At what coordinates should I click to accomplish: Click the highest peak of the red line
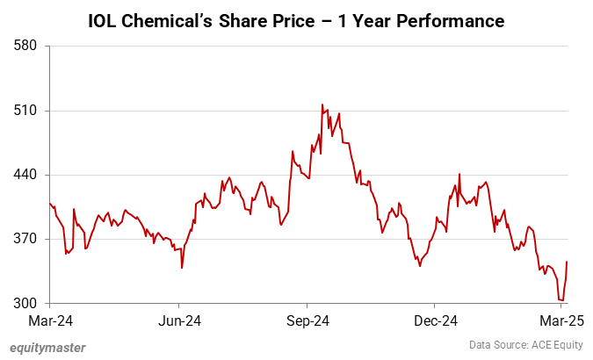click(x=322, y=104)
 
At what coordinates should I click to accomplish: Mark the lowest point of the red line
click(x=561, y=300)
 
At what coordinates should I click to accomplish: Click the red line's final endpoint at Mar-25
click(x=568, y=262)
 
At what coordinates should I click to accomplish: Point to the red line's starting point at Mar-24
click(x=51, y=203)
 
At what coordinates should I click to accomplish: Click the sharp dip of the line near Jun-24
click(x=182, y=267)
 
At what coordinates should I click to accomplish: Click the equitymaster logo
click(x=48, y=347)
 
